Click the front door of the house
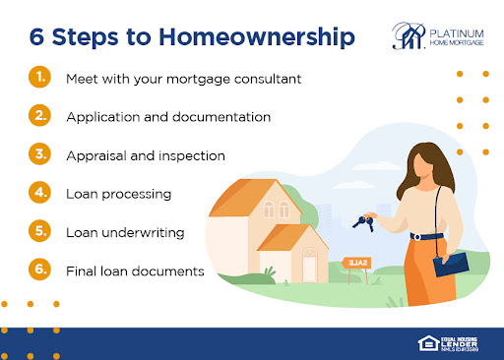tap(310, 267)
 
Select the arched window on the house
tap(275, 208)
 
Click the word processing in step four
tap(137, 194)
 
